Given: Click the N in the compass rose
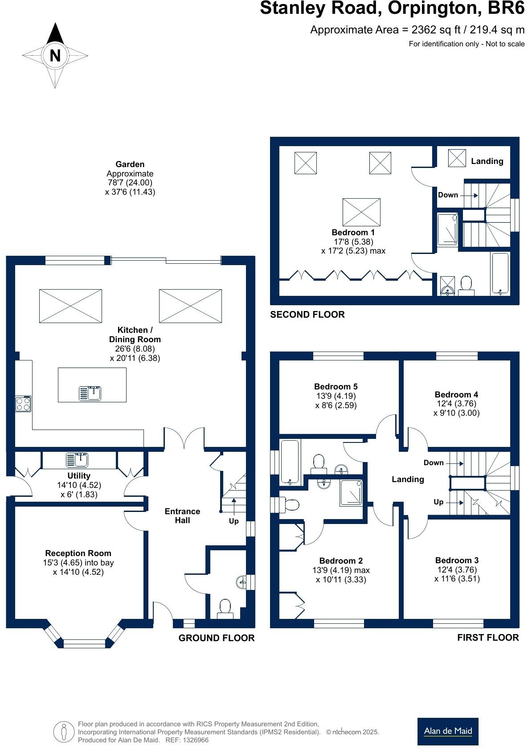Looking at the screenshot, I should pos(55,56).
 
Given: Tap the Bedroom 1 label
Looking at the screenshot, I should pos(353,232).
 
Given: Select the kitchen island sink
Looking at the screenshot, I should pos(90,393).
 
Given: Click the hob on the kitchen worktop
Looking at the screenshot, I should pos(23,404).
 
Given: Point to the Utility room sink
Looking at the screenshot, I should pos(77,459).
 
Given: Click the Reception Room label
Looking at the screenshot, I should pos(78,553).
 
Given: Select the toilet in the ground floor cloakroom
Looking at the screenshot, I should pos(225,609).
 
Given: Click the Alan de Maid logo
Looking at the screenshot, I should pos(448,731).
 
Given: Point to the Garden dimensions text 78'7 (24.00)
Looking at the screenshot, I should pos(130,183).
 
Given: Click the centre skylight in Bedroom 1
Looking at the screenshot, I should pos(361,212).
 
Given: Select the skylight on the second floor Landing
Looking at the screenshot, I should pos(456,158).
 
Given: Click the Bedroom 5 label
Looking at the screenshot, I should pos(336,386).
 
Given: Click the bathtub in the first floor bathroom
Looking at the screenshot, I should pos(291,462).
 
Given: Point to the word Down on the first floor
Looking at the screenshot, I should pos(434,462).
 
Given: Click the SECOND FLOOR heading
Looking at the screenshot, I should pos(307,315).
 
